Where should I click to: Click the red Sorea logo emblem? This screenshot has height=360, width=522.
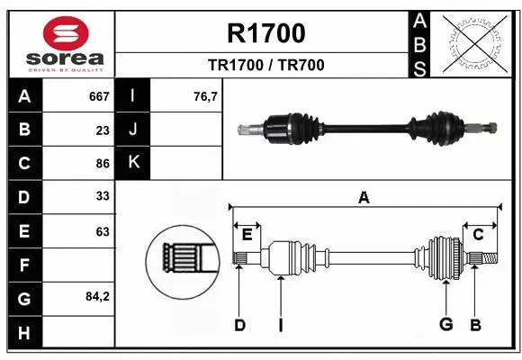pyautogui.click(x=59, y=33)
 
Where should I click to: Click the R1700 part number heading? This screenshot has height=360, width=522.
pyautogui.click(x=266, y=33)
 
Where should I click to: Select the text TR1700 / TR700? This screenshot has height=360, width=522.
pyautogui.click(x=266, y=65)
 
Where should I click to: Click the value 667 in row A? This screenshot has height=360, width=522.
pyautogui.click(x=99, y=96)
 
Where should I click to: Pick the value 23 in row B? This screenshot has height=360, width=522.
pyautogui.click(x=103, y=130)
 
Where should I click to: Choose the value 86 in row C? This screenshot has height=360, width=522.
pyautogui.click(x=103, y=164)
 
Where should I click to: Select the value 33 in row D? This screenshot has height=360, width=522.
pyautogui.click(x=103, y=197)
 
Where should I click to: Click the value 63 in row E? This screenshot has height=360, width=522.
pyautogui.click(x=103, y=231)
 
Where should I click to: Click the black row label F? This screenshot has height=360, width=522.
pyautogui.click(x=23, y=265)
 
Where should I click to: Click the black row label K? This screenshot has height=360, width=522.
pyautogui.click(x=133, y=163)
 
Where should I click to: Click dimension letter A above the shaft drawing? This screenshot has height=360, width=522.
pyautogui.click(x=364, y=198)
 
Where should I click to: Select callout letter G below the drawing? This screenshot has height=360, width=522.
pyautogui.click(x=445, y=325)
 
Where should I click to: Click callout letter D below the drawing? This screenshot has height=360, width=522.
pyautogui.click(x=239, y=325)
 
